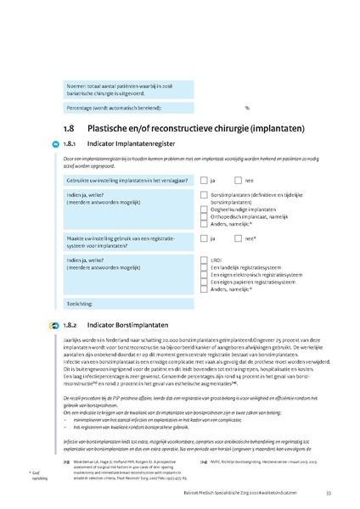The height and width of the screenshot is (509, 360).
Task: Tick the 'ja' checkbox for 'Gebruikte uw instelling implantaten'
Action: click(204, 181)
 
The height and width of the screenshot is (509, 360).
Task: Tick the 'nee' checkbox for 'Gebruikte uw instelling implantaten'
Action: click(239, 181)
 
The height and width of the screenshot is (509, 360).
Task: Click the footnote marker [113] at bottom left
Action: click(66, 462)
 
